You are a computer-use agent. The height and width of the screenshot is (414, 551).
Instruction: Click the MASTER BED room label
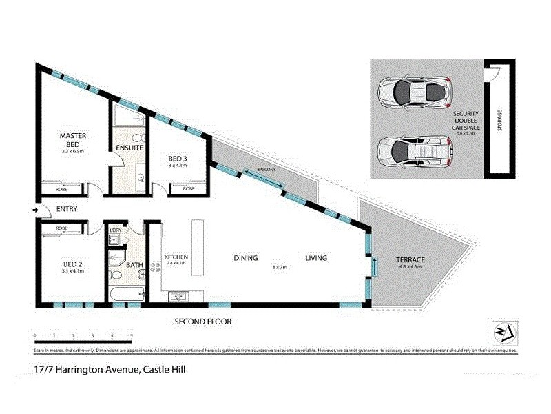coord(72,139)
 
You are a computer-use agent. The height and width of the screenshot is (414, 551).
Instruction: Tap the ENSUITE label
coord(129,148)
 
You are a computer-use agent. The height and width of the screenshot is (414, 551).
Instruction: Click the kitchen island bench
coord(198,239)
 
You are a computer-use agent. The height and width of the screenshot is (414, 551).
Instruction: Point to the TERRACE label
coord(410,260)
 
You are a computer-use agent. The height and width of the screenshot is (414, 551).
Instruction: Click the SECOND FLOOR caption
coord(202,322)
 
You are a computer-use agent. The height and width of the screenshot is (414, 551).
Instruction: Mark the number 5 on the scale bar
coord(131,335)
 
